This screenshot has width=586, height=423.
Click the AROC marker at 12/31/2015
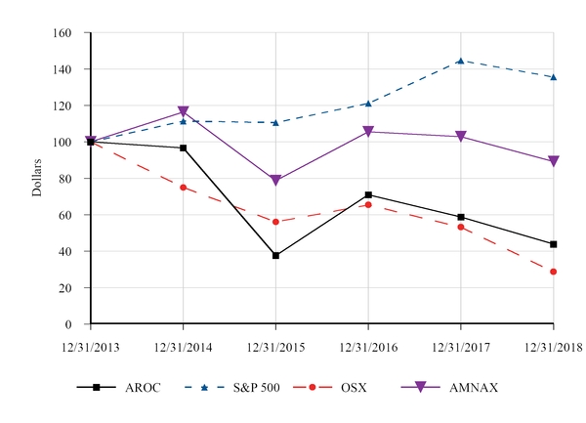pyautogui.click(x=275, y=256)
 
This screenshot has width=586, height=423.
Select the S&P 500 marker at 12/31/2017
pyautogui.click(x=461, y=61)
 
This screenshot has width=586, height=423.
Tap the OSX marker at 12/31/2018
pyautogui.click(x=554, y=272)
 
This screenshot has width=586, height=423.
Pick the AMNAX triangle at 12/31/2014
pyautogui.click(x=183, y=112)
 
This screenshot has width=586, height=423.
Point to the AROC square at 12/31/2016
pyautogui.click(x=368, y=195)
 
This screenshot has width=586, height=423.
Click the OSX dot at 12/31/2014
pyautogui.click(x=183, y=188)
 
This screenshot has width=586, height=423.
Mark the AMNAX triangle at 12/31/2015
pyautogui.click(x=275, y=181)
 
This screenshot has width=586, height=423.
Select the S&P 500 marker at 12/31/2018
pyautogui.click(x=554, y=77)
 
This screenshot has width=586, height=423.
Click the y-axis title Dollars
pyautogui.click(x=37, y=177)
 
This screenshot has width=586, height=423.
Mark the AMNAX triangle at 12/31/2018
pyautogui.click(x=554, y=162)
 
